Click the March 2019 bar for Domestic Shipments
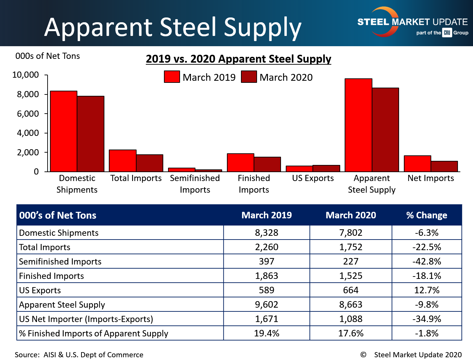[x=64, y=131]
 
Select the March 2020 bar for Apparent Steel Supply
[x=385, y=130]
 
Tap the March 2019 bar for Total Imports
[x=123, y=161]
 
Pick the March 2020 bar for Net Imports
[x=444, y=166]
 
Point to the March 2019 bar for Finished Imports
[x=241, y=163]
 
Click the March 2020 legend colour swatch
[x=249, y=77]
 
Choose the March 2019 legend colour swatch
[x=172, y=77]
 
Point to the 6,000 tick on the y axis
[x=28, y=114]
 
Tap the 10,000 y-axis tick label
[x=26, y=75]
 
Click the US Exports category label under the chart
[x=313, y=178]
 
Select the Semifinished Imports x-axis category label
[x=195, y=184]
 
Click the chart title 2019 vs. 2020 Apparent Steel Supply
[x=239, y=59]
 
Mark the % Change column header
[x=426, y=215]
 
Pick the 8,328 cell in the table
[x=267, y=233]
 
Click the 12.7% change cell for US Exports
[x=426, y=290]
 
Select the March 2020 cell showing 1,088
[x=351, y=319]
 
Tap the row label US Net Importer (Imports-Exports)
[x=86, y=319]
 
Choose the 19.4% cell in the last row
[x=267, y=333]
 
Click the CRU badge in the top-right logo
[x=447, y=33]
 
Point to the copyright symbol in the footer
[x=363, y=355]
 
